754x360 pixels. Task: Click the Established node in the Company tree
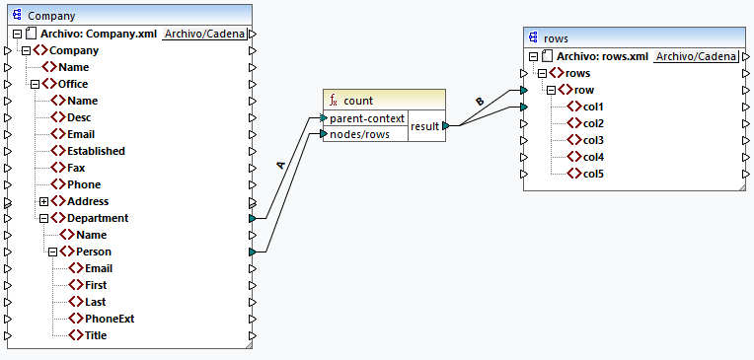(x=95, y=151)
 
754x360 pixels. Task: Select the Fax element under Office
(x=77, y=168)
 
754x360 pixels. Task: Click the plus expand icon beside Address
(x=43, y=201)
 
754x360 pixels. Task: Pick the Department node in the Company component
(x=97, y=218)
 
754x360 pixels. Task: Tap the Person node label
(x=93, y=252)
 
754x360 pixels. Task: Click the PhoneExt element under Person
(x=109, y=319)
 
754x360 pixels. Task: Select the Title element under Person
(x=95, y=335)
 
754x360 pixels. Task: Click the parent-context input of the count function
(x=367, y=118)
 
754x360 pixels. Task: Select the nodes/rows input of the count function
(x=359, y=134)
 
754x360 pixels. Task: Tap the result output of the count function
(x=425, y=126)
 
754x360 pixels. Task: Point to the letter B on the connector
(x=480, y=101)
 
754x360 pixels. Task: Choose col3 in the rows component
(x=592, y=140)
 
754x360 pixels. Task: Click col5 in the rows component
(x=592, y=174)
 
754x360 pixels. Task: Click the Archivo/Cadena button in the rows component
(x=695, y=57)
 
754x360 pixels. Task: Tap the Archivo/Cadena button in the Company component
(x=204, y=34)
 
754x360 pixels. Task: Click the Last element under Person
(x=95, y=302)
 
